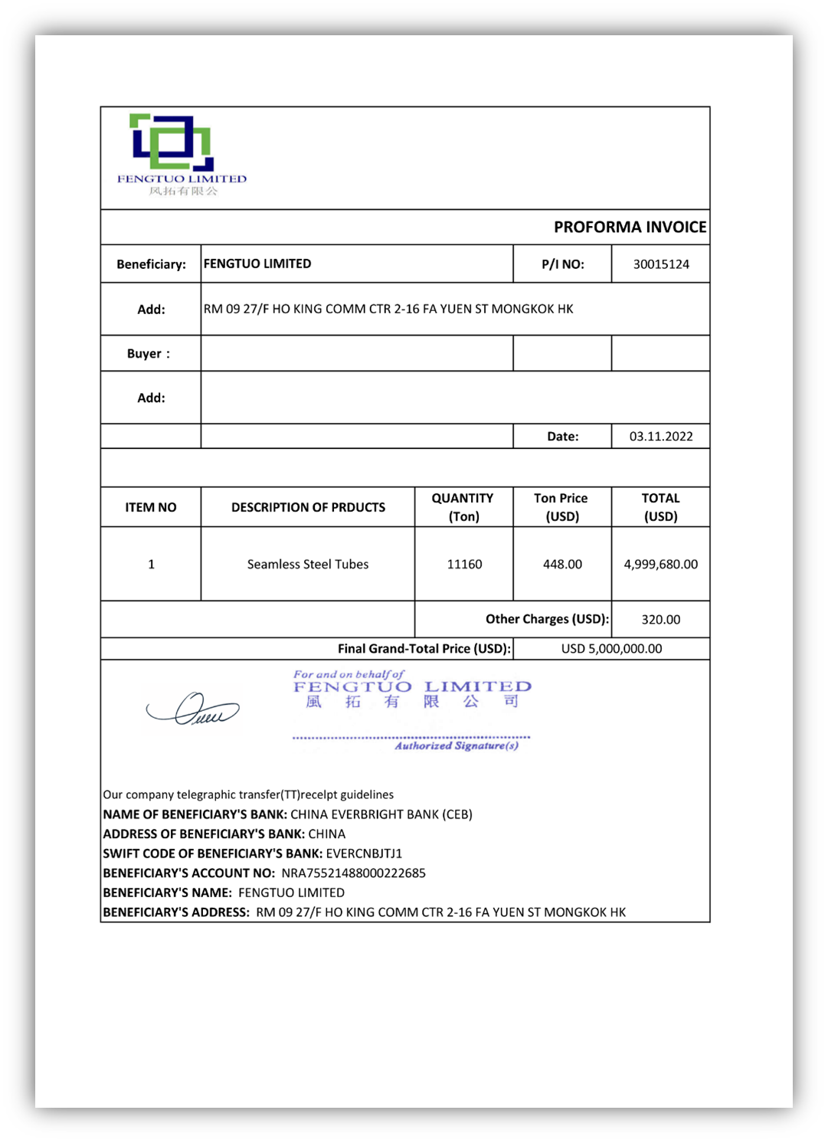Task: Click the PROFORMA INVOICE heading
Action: click(630, 227)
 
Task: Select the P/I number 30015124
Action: click(661, 264)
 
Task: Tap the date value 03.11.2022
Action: click(661, 437)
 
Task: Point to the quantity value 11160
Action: click(464, 565)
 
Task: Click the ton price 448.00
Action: click(562, 565)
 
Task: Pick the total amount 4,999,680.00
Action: click(660, 565)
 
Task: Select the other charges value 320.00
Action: click(660, 620)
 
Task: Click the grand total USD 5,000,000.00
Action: click(611, 649)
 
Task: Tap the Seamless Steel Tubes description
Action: click(308, 565)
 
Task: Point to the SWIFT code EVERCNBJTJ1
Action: click(364, 853)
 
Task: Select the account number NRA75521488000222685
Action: click(353, 873)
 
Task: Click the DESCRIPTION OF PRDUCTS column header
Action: click(308, 507)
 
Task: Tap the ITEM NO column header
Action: click(151, 507)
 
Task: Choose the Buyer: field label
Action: click(149, 354)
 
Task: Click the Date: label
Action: click(562, 437)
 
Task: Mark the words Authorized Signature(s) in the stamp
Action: click(457, 746)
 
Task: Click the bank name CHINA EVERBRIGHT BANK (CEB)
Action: click(381, 814)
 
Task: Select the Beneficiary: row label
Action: click(151, 264)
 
